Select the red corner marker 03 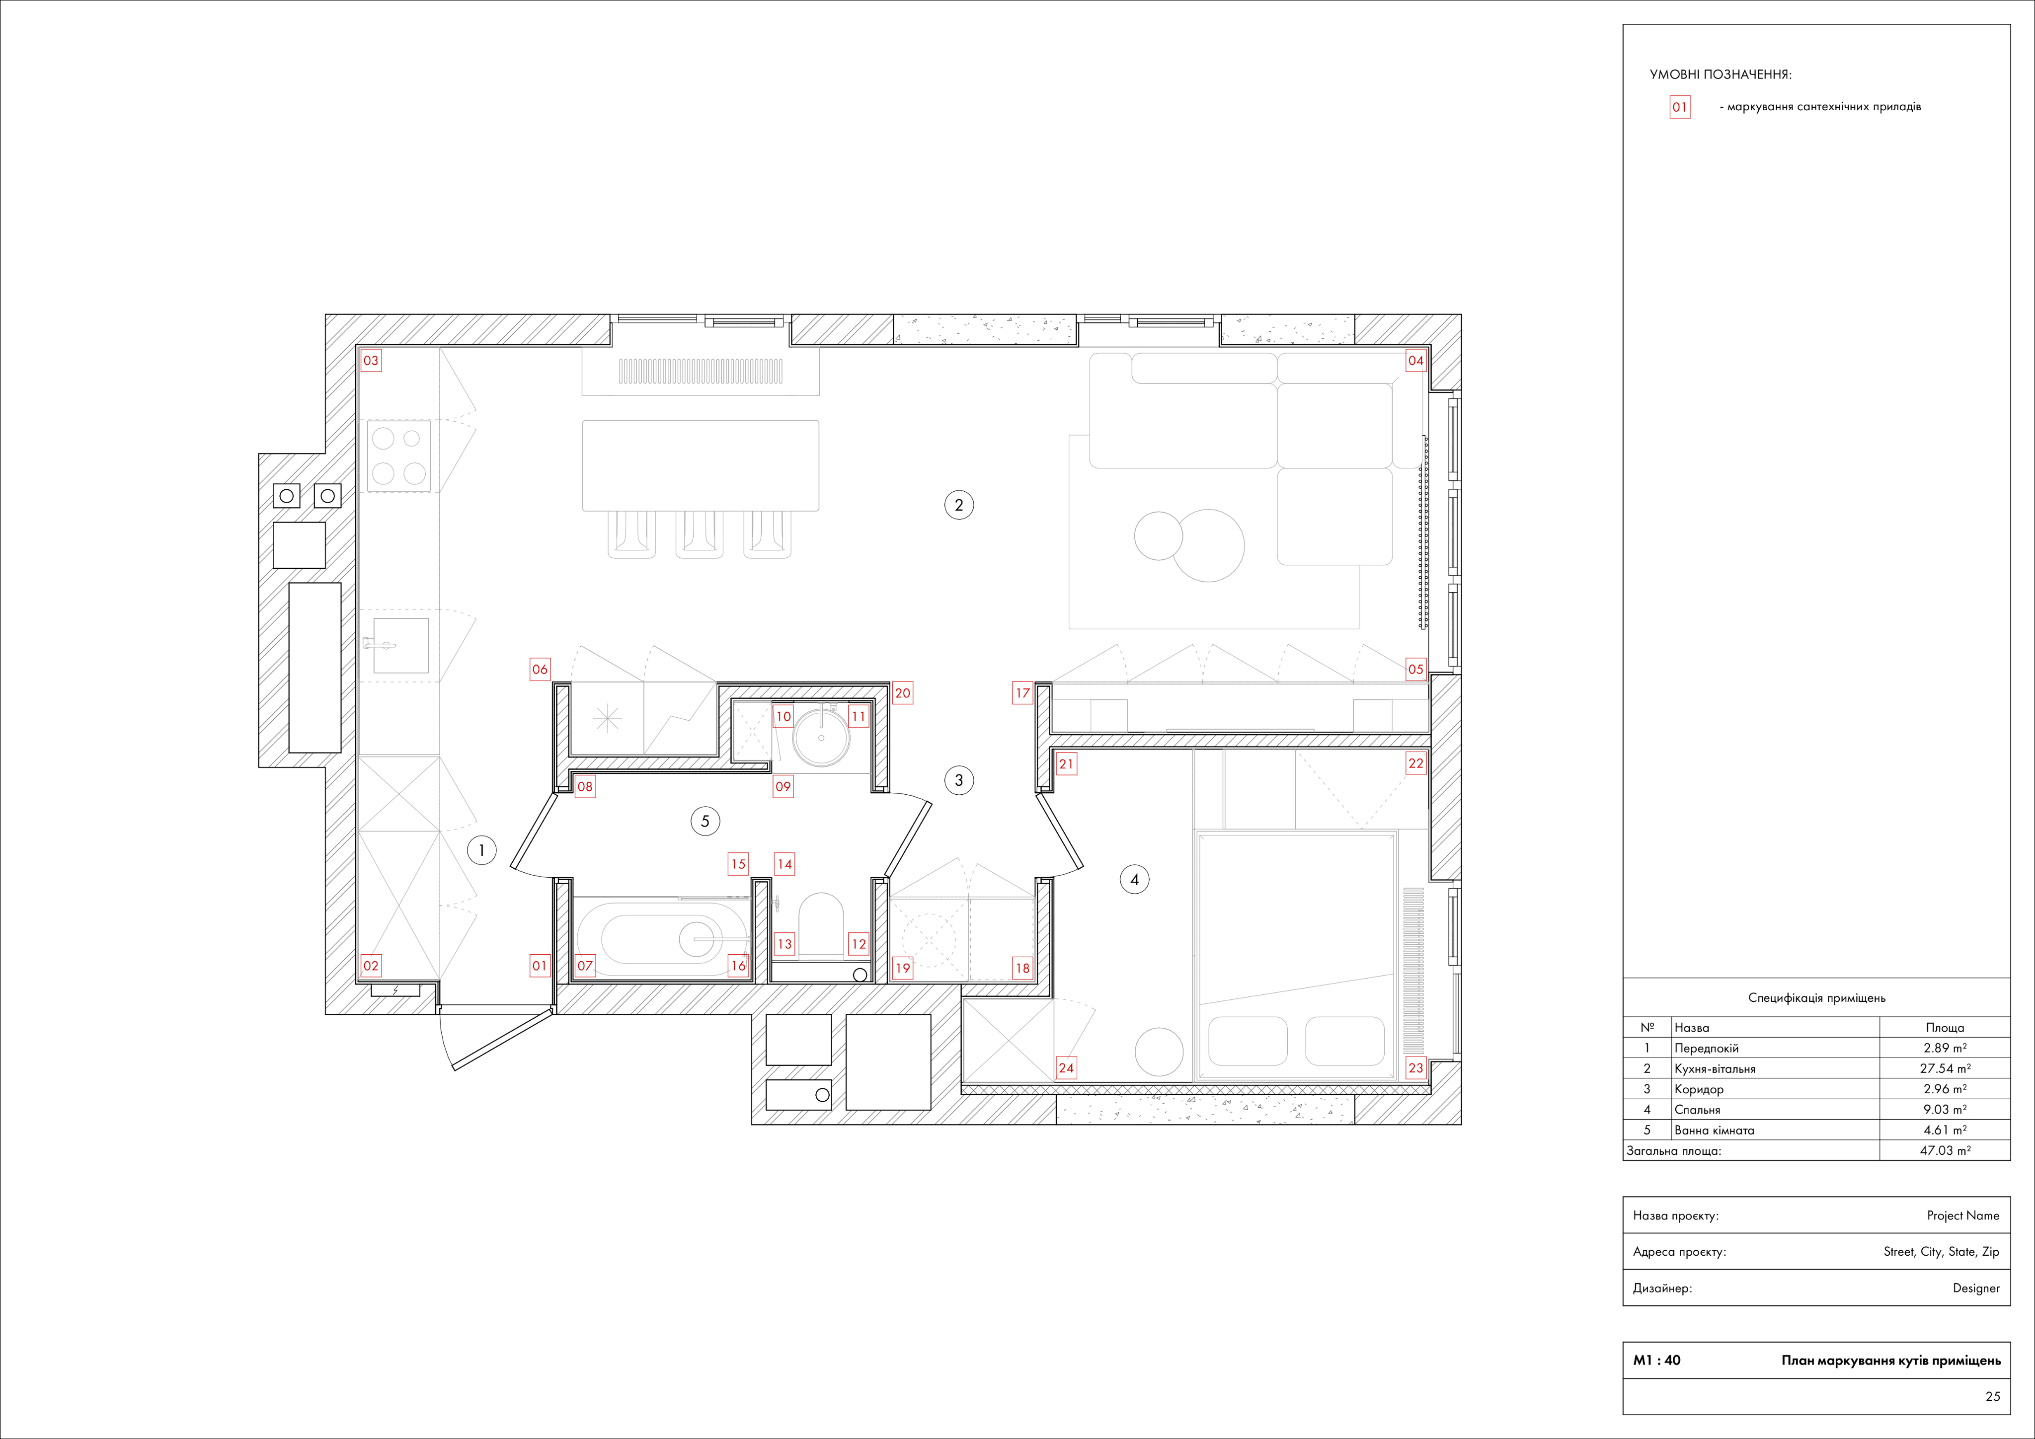tap(371, 361)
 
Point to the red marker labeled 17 tap(1023, 693)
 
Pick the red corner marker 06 tap(540, 669)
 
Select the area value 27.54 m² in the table tap(1945, 1068)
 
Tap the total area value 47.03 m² tap(1945, 1150)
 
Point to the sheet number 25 tap(1992, 1396)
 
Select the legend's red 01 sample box tap(1680, 107)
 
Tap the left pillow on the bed tap(1248, 1040)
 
